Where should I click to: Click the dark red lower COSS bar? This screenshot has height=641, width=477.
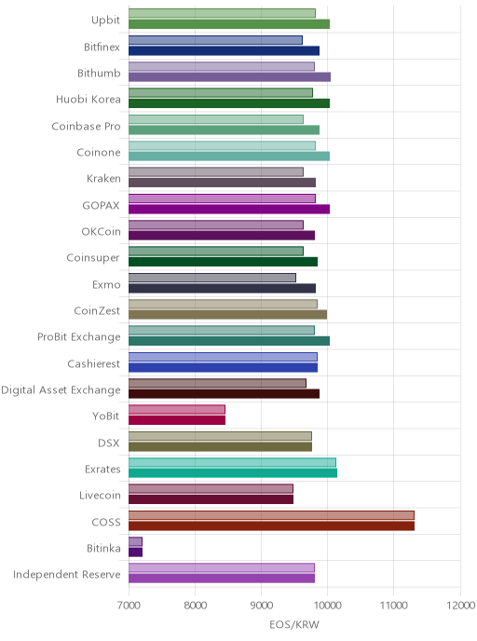coord(271,525)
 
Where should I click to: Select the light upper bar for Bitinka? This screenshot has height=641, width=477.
coord(135,541)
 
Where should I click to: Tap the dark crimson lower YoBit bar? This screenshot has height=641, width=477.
coord(177,420)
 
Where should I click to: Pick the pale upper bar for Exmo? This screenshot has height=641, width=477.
coord(212,278)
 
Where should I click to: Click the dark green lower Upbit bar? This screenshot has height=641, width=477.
coord(229,23)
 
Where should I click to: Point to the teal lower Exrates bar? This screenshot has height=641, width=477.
coord(233,473)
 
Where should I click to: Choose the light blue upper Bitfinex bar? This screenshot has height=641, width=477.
coord(215,40)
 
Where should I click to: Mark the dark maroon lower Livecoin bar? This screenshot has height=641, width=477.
coord(211,499)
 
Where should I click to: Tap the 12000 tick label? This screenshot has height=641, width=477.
coord(460,605)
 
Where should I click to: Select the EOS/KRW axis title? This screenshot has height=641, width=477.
coord(294,624)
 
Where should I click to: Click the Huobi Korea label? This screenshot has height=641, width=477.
coord(89,100)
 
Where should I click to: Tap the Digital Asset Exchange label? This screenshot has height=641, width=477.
coord(61,390)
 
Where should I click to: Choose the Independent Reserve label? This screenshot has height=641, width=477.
coord(67,574)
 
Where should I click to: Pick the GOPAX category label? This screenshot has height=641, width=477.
coord(101,205)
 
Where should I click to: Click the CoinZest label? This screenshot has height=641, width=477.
coord(97,310)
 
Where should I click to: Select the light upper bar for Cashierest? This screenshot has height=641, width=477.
coord(223,357)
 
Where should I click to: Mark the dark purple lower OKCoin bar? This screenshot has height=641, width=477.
coord(222,236)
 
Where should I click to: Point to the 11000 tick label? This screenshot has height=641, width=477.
coord(393,605)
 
